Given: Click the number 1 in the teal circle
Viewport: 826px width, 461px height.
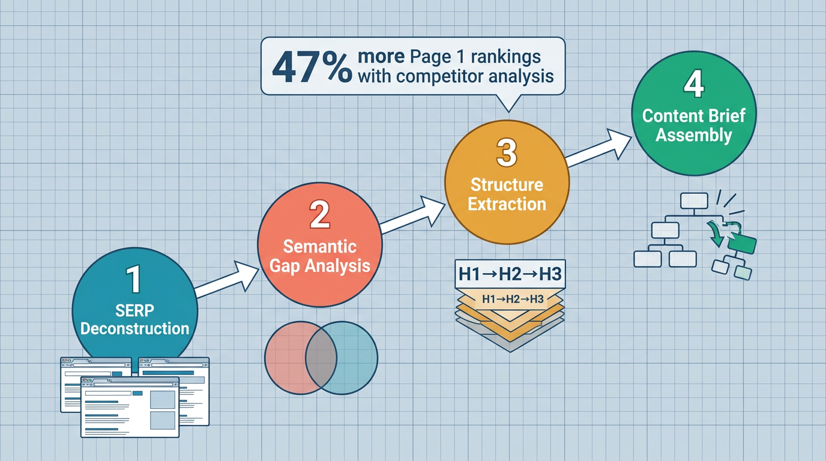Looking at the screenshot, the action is (x=133, y=279).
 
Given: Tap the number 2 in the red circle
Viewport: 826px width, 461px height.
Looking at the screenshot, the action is (x=319, y=214).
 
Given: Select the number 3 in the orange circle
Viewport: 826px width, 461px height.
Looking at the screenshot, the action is (x=507, y=152).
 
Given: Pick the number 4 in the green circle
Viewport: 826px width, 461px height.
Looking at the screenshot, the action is (x=694, y=84).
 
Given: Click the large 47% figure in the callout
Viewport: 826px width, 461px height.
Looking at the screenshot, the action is (x=312, y=68).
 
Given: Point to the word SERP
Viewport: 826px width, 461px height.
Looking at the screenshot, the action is (x=134, y=310).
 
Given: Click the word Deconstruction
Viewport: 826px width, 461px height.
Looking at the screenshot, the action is (x=134, y=328).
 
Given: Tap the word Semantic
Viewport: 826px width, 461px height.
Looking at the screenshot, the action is (x=320, y=246).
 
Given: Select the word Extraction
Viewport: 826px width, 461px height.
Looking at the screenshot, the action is (x=507, y=204).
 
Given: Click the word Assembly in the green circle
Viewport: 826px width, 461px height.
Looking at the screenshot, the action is (x=693, y=135).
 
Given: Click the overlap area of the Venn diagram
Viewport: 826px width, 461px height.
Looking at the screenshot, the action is (x=321, y=358).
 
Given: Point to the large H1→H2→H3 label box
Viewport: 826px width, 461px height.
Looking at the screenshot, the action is (x=510, y=274).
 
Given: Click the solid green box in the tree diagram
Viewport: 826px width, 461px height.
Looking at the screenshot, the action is (x=742, y=244).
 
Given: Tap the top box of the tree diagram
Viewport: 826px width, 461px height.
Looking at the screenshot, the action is (x=694, y=201).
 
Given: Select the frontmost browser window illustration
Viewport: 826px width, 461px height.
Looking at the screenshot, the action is (x=130, y=407).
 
